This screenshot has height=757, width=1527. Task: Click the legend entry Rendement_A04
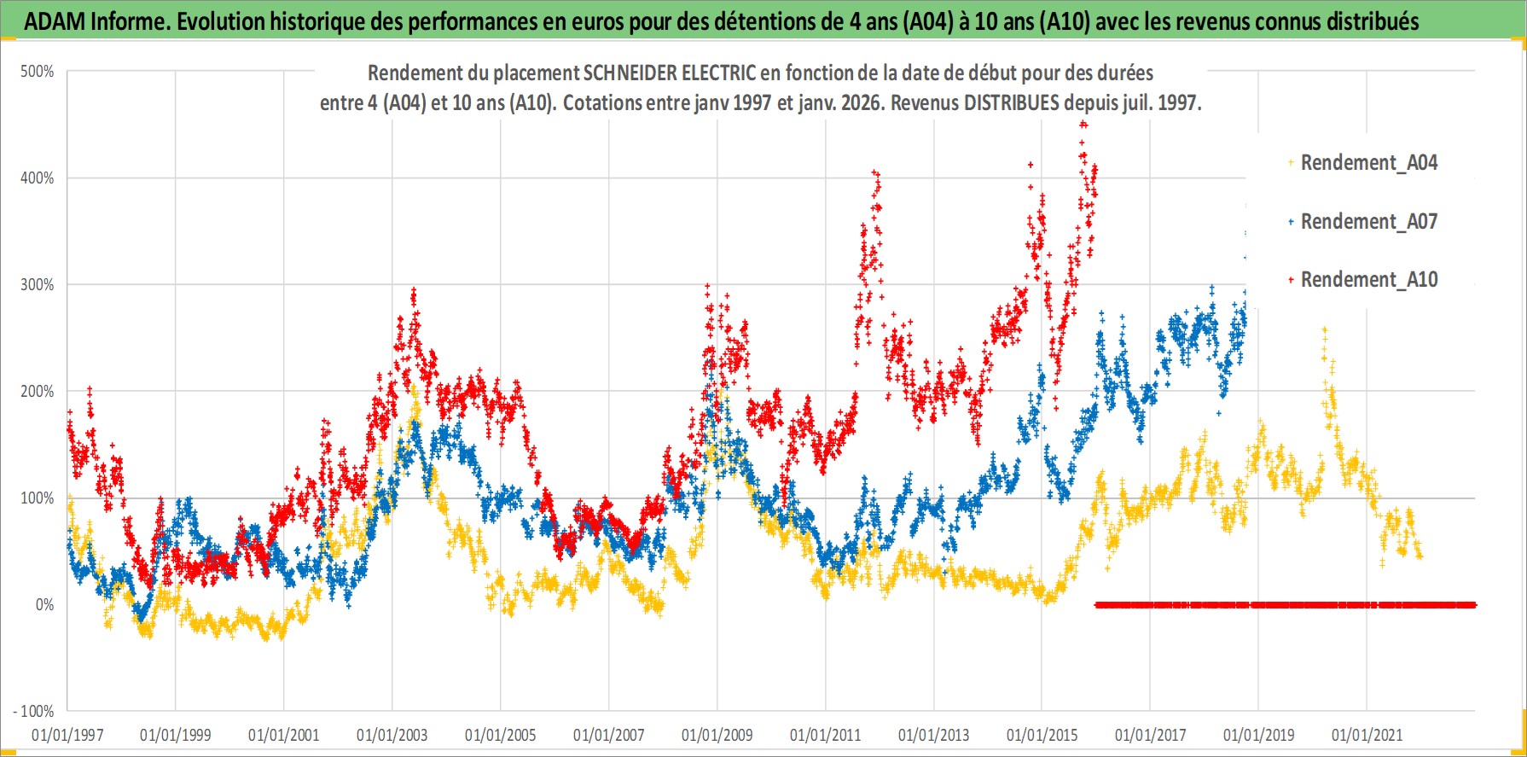(x=1368, y=163)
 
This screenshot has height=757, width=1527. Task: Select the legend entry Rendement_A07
(x=1368, y=222)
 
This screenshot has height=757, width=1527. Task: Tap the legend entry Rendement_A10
(x=1368, y=280)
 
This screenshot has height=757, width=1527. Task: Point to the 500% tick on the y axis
(x=38, y=72)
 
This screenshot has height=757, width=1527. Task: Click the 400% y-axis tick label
(x=38, y=178)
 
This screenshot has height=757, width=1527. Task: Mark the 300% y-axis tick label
(x=38, y=285)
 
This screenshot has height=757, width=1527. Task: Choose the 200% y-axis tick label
(x=38, y=392)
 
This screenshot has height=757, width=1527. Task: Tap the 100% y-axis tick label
(x=38, y=498)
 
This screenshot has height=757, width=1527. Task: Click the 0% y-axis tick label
(x=44, y=605)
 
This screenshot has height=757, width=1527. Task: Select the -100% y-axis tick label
(x=34, y=712)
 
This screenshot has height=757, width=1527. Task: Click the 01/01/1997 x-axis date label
(x=67, y=735)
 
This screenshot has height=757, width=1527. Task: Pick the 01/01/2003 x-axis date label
(x=392, y=735)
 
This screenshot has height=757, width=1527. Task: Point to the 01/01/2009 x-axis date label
(x=717, y=735)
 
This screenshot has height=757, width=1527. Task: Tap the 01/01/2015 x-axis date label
(x=1042, y=735)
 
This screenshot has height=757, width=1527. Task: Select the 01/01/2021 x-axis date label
(x=1367, y=735)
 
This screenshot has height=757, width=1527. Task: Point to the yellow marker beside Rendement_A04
(x=1291, y=162)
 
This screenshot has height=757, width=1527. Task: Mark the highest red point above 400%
(x=1083, y=124)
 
